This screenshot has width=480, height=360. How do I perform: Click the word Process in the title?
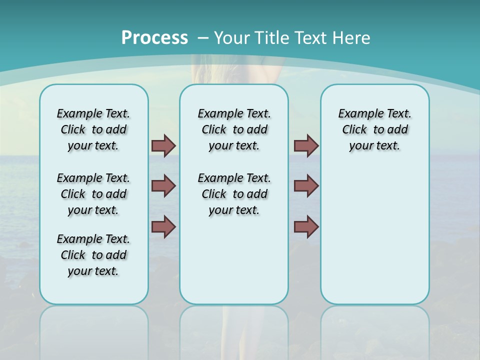click(154, 37)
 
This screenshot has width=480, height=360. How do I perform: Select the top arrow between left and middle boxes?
click(163, 145)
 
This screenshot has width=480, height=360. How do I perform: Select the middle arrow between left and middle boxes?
click(163, 186)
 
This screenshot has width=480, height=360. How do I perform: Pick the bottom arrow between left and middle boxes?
click(163, 226)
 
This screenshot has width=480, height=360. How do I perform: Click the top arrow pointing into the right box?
click(306, 145)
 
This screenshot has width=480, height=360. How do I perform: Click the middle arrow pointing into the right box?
click(306, 186)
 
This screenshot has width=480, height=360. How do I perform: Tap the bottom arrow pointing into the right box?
click(306, 226)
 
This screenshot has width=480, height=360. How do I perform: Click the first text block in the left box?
click(93, 129)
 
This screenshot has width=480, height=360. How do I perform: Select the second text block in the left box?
click(93, 194)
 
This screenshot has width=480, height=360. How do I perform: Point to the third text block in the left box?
click(93, 255)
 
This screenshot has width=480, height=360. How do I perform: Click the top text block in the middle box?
click(234, 129)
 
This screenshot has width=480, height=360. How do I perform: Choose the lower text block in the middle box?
click(234, 194)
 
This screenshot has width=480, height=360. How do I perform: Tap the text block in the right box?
click(374, 129)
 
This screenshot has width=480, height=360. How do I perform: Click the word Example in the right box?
click(357, 114)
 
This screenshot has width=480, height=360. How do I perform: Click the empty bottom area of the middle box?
click(234, 265)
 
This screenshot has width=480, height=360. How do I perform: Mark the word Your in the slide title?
click(231, 37)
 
